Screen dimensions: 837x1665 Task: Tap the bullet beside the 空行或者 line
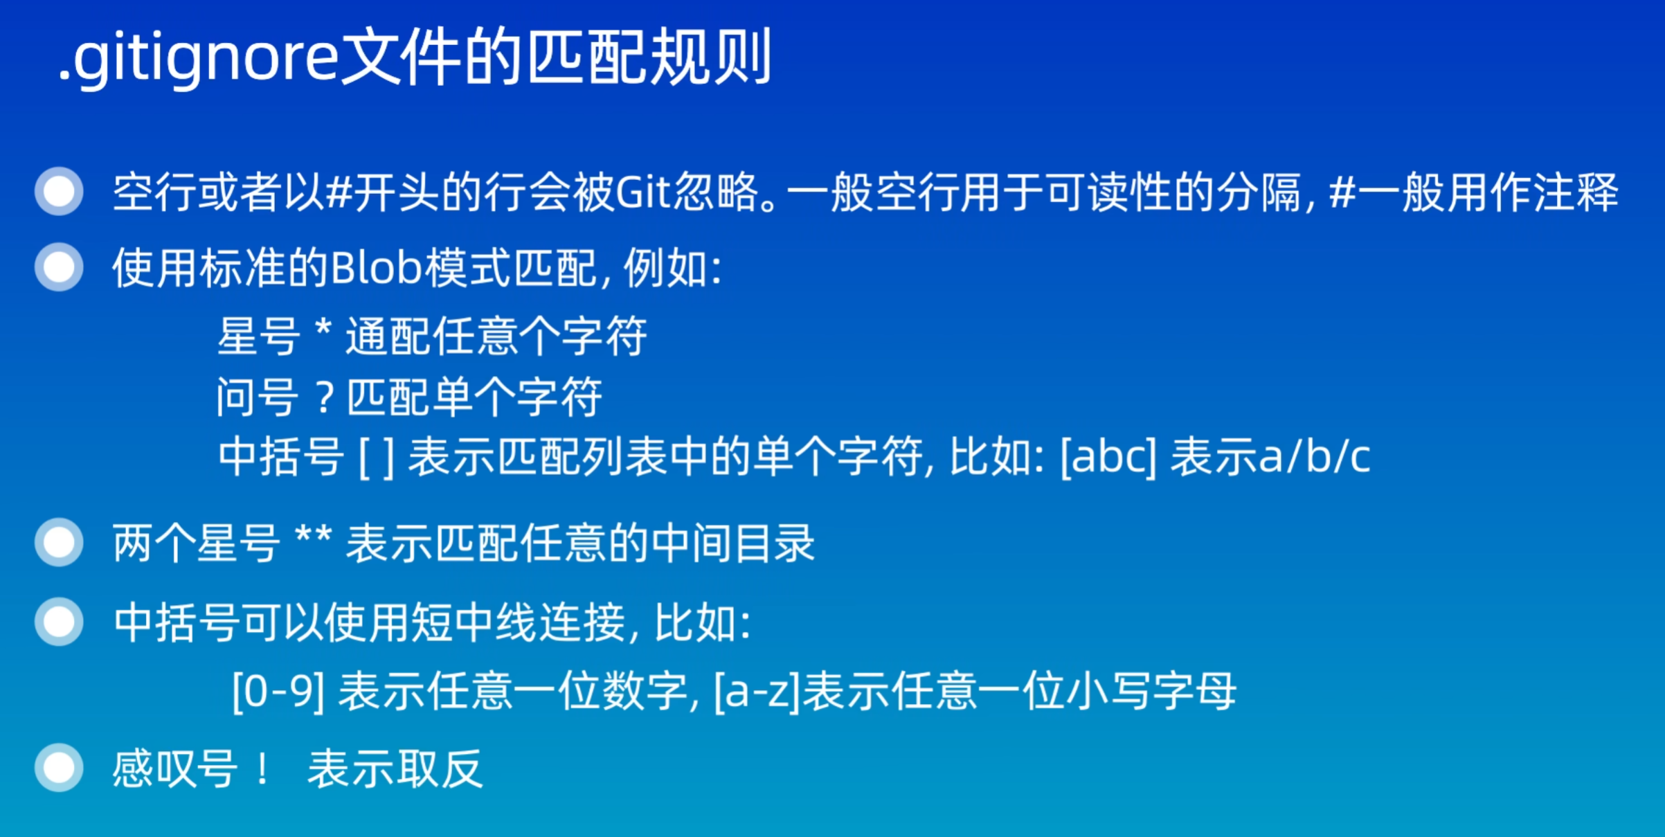[60, 191]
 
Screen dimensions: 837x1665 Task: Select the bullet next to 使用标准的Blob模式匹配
[60, 267]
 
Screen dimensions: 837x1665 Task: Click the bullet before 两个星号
[60, 542]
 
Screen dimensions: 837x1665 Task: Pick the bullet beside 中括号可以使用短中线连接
[60, 622]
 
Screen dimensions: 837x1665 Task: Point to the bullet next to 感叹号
[60, 767]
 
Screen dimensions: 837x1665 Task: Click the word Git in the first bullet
[643, 192]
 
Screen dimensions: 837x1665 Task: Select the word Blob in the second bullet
[376, 268]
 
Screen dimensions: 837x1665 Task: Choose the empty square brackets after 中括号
[377, 458]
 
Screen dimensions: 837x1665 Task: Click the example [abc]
[1108, 458]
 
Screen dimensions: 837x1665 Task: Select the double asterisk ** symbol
[313, 537]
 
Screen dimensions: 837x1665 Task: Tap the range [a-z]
[757, 692]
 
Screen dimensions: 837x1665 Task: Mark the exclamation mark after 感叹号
[262, 768]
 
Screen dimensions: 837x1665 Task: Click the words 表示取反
[395, 768]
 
